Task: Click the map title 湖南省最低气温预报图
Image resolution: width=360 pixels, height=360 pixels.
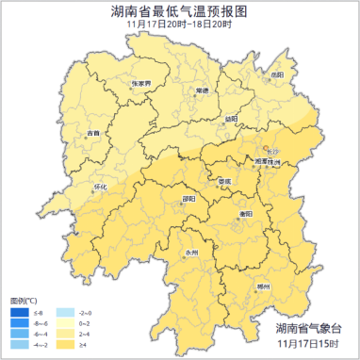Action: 179,10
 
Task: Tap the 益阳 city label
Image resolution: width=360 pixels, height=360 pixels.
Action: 231,118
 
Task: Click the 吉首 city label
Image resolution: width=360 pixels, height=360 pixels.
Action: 92,133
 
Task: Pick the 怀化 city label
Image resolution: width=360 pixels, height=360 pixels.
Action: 102,186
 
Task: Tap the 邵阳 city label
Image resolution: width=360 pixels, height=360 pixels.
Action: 188,199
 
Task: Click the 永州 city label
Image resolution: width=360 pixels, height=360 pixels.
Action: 191,252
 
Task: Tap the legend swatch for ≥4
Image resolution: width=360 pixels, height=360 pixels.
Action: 65,346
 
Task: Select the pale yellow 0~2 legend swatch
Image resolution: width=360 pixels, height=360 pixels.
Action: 65,322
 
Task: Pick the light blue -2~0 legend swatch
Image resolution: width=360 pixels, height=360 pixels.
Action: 65,311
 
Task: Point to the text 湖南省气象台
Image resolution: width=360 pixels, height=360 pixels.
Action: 303,327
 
